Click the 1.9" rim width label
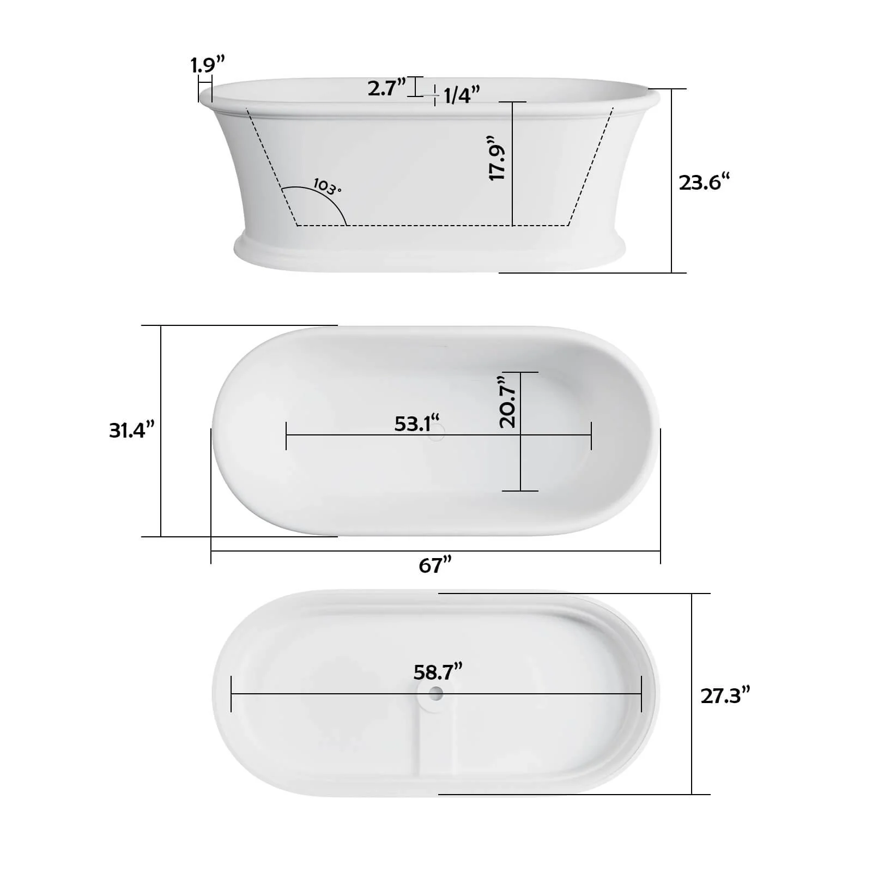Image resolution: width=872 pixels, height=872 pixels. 207,65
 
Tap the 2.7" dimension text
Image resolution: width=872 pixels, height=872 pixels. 386,88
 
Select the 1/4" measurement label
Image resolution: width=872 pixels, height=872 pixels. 461,95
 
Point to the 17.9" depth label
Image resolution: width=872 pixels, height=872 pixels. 497,158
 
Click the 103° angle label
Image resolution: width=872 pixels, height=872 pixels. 327,187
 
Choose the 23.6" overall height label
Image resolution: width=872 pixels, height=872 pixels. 704,182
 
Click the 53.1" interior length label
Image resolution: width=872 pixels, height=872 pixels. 416,423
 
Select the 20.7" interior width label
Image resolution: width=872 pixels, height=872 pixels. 507,401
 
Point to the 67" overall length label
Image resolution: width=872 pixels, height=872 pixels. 435,565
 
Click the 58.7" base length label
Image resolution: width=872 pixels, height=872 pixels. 438,671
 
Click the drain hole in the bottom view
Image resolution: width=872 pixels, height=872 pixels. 436,694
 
